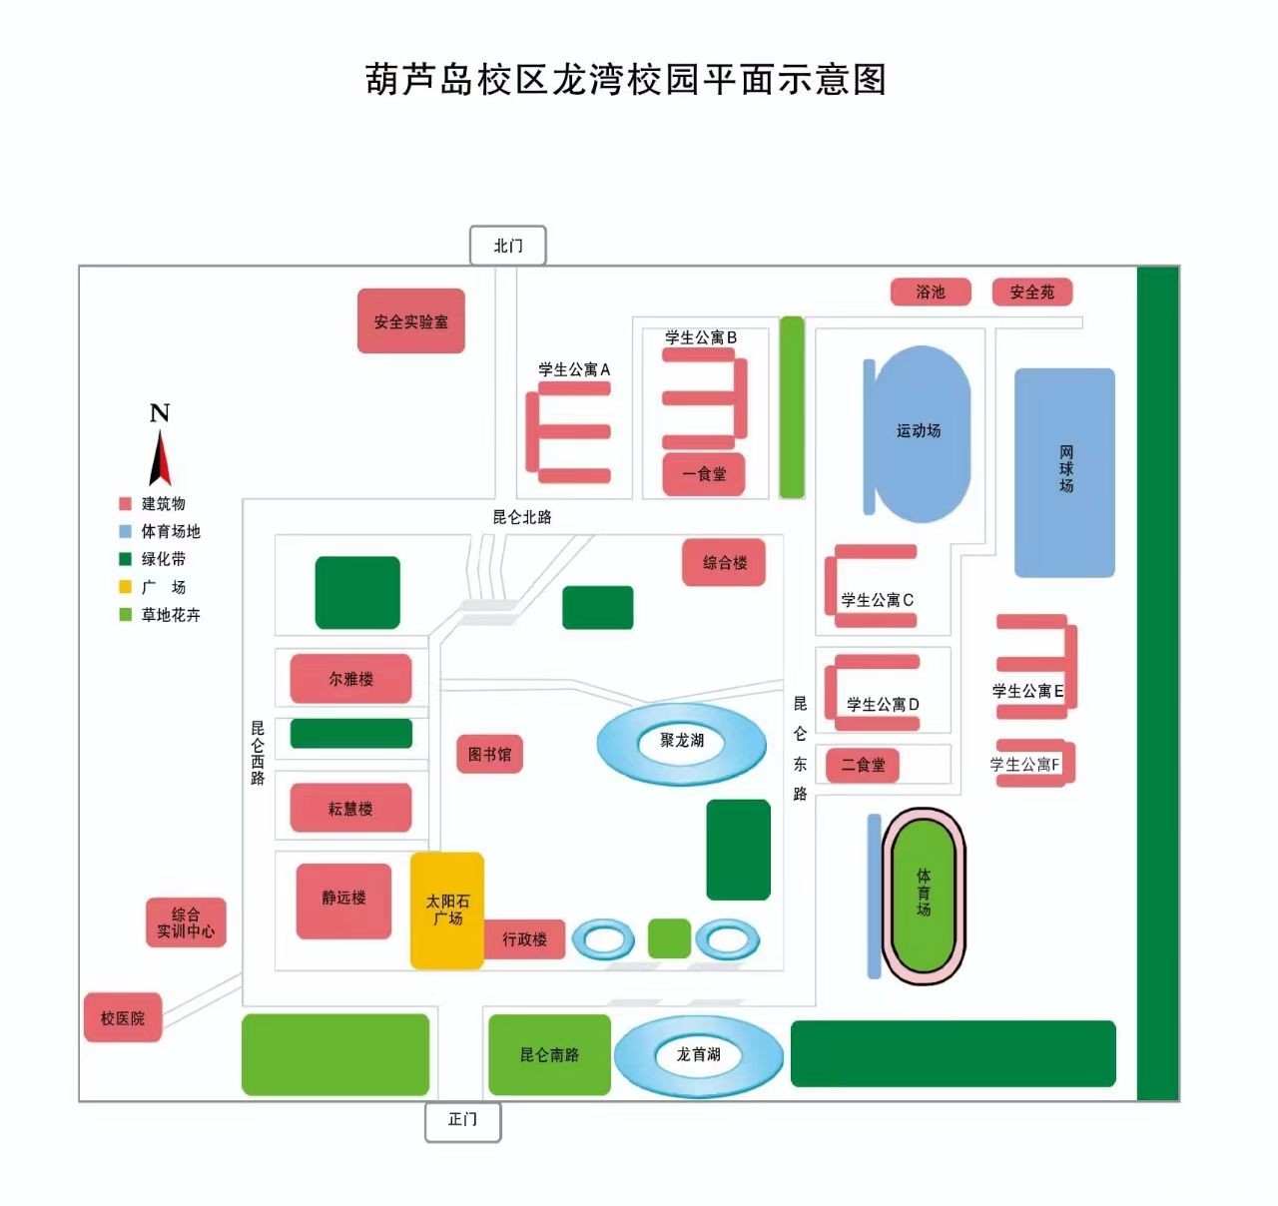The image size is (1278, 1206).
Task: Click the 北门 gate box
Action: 507,246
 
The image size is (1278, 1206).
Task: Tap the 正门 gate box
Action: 462,1120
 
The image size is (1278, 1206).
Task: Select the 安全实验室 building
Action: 411,321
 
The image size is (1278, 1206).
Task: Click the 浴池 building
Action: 931,292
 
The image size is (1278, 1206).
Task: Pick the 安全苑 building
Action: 1031,292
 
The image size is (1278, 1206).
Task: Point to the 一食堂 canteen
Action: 704,474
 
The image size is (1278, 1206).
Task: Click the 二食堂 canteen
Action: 863,765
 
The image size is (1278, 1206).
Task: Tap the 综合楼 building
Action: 725,562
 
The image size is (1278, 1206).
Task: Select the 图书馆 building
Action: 489,754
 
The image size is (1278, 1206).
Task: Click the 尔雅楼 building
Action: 350,679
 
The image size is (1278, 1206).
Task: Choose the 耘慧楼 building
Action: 350,809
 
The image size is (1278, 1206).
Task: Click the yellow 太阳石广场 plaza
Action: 447,910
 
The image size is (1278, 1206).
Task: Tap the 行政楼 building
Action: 524,939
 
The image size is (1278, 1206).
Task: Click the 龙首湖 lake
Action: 698,1055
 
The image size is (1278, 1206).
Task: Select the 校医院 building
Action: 123,1018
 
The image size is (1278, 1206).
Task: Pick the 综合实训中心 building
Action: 186,922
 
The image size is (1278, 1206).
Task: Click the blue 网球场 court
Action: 1064,471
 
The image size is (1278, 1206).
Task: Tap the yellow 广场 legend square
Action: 126,587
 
